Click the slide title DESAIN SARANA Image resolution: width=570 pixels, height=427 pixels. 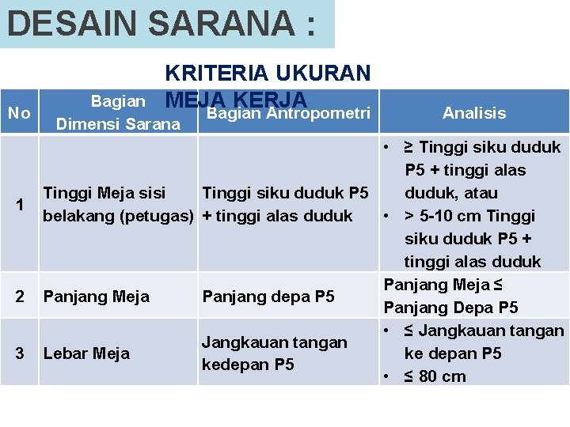tap(161, 23)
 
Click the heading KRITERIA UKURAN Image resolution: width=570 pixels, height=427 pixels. tap(268, 74)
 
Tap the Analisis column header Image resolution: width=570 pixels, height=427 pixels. tap(474, 113)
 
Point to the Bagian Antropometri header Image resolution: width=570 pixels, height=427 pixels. tap(288, 113)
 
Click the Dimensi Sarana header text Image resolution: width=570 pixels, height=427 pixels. tap(118, 123)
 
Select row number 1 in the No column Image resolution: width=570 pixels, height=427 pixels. tap(20, 204)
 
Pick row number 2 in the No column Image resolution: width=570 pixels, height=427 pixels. tap(20, 297)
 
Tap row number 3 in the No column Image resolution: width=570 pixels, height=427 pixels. tap(20, 353)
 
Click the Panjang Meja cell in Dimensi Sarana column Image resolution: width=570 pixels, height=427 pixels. tap(97, 297)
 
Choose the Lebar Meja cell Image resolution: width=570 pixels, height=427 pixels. tap(87, 353)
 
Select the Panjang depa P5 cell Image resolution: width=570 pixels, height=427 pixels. tap(268, 297)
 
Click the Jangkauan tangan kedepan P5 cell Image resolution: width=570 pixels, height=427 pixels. tap(275, 353)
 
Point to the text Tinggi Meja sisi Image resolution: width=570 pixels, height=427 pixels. tap(104, 193)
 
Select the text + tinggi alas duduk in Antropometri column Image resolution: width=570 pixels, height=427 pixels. tap(277, 216)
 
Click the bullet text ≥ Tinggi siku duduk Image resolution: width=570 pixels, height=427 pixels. tap(482, 147)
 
